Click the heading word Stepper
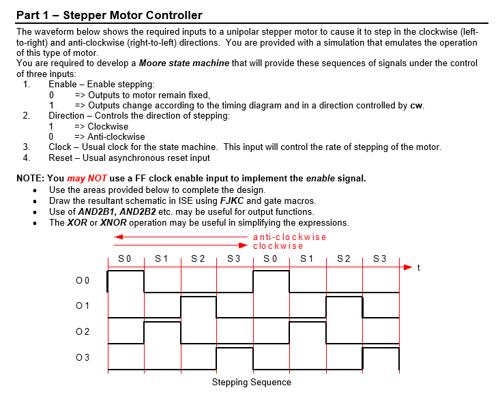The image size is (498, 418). point(84,15)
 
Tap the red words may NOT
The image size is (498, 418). point(87,179)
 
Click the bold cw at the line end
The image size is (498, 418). point(417,106)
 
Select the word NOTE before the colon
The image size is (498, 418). point(30,179)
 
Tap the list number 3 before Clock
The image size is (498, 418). point(26,147)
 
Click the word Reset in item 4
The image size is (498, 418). point(61,158)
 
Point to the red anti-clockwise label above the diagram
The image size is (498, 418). point(289,237)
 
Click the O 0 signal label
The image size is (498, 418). point(83,280)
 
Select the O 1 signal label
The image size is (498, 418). point(83,305)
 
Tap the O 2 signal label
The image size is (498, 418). point(83,331)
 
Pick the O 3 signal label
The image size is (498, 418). point(83,357)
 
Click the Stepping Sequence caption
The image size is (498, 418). point(251,382)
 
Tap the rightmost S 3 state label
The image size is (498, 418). point(380,258)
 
